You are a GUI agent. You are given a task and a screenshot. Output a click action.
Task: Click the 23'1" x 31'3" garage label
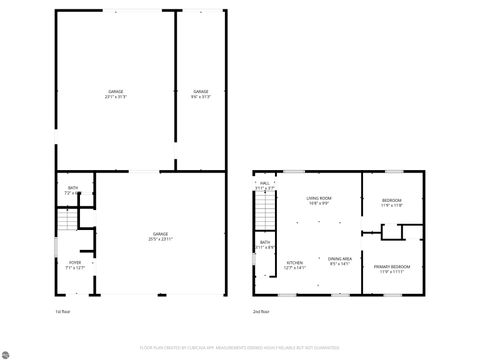(117, 94)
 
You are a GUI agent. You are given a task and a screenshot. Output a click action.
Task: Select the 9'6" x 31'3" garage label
(200, 94)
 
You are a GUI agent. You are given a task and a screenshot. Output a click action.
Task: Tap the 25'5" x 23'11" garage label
(160, 237)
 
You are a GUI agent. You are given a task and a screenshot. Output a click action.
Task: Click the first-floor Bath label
(74, 190)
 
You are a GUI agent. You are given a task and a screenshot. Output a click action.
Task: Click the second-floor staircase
(266, 212)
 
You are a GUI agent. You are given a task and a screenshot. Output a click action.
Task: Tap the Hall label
(265, 185)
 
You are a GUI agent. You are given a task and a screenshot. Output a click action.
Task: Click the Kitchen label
(294, 265)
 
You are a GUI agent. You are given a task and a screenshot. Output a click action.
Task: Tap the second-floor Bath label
(265, 244)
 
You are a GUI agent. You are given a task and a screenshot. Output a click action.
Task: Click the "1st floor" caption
(62, 311)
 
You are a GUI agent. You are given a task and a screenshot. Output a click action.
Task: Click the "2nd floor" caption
(261, 311)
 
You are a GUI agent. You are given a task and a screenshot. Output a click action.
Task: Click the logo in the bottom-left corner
(8, 352)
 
